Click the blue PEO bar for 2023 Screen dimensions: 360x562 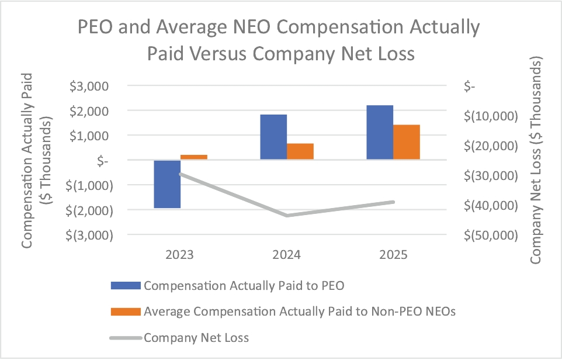167,184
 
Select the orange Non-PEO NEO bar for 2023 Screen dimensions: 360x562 194,157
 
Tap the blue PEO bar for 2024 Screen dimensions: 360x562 273,137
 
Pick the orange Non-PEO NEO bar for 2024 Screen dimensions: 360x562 300,151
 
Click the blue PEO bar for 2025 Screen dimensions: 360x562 380,132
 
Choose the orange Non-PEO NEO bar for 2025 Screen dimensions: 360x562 407,142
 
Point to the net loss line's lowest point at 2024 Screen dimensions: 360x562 287,215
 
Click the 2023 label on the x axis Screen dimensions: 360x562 181,255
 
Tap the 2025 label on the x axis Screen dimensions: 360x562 393,255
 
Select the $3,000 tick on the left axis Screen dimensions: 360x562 90,86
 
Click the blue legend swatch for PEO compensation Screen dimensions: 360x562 126,286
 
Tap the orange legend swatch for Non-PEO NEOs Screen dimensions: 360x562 126,311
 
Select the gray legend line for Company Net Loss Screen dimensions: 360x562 126,337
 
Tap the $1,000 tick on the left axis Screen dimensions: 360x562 90,136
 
